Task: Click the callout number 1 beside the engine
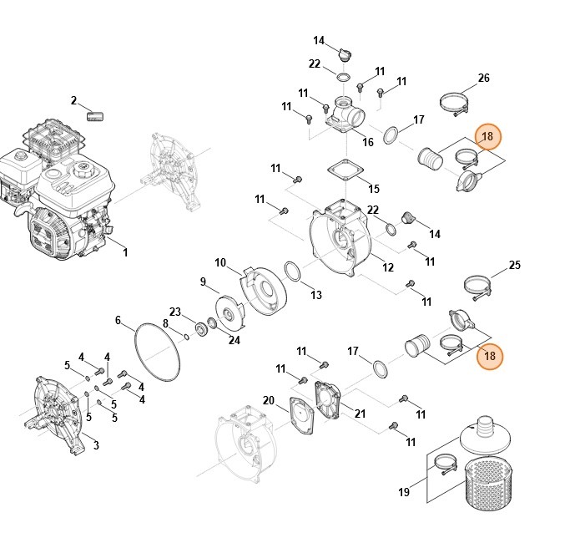125,251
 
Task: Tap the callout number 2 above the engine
73,101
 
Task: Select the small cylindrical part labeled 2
97,113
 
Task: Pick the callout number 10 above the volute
220,262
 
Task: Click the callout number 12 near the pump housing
388,267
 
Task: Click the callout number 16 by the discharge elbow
367,142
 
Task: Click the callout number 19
404,493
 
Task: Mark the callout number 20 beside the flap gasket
268,401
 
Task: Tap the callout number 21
360,413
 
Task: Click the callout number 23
175,311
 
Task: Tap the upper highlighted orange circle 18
488,135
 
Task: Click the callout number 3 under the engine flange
95,445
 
